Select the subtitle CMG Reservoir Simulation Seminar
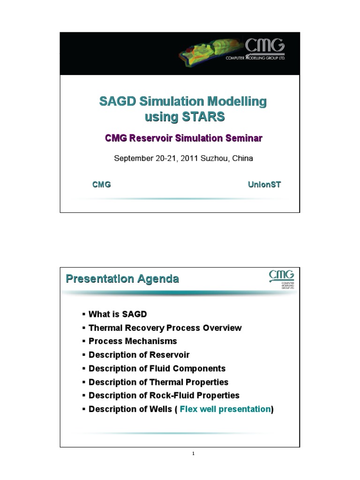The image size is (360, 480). [x=184, y=138]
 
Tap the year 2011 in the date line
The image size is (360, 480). [x=189, y=158]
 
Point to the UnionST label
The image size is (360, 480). [x=264, y=185]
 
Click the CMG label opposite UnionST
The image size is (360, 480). [x=102, y=185]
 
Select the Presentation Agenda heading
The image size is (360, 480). [x=122, y=279]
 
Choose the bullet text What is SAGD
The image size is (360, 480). [x=118, y=314]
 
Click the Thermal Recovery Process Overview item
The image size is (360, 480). [x=165, y=328]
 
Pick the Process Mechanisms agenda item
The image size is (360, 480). [x=133, y=341]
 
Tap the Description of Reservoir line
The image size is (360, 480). [x=139, y=355]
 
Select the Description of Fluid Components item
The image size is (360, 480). [x=157, y=368]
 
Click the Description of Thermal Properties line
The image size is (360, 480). [x=158, y=382]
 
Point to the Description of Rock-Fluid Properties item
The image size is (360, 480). [x=164, y=396]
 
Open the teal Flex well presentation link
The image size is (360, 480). [x=225, y=409]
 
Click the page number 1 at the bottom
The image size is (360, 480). [x=193, y=454]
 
